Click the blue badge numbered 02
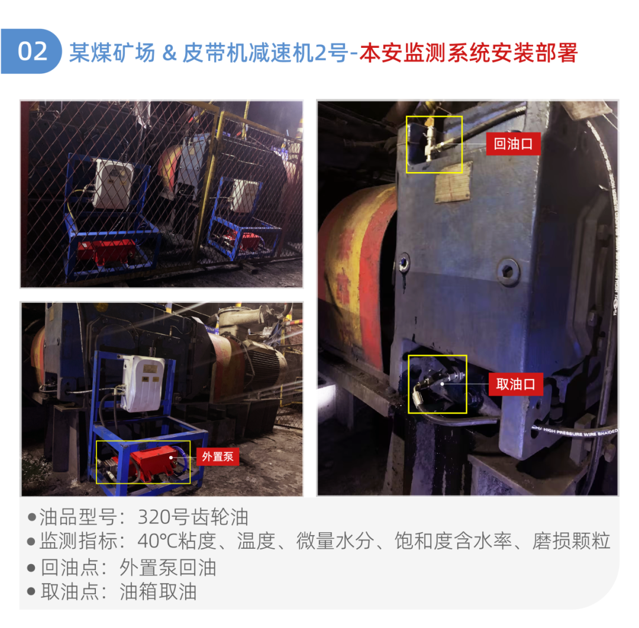(x=32, y=51)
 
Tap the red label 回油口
(x=513, y=144)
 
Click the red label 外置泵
(x=217, y=457)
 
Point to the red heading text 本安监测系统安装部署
(x=468, y=53)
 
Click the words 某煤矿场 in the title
(x=112, y=53)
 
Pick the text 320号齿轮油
(x=193, y=517)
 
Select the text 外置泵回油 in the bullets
(x=167, y=567)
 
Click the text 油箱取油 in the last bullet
(x=158, y=592)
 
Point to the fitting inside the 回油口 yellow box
(x=431, y=142)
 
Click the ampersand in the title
(x=169, y=53)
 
